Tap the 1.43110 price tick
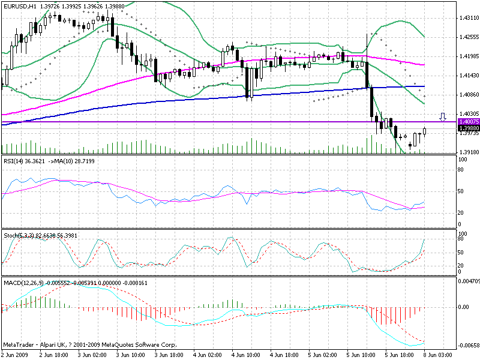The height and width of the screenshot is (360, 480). click(468, 18)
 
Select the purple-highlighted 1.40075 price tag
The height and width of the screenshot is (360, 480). click(468, 122)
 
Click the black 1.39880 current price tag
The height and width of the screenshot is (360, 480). click(468, 128)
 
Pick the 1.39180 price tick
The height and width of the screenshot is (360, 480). click(468, 152)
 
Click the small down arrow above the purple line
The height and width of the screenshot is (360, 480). click(443, 116)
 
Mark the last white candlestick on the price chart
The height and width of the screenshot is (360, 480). click(425, 131)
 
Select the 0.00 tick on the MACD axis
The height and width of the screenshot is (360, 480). click(464, 307)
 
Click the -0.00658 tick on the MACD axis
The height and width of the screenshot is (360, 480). click(468, 346)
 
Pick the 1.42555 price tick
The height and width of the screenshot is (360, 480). click(468, 37)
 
